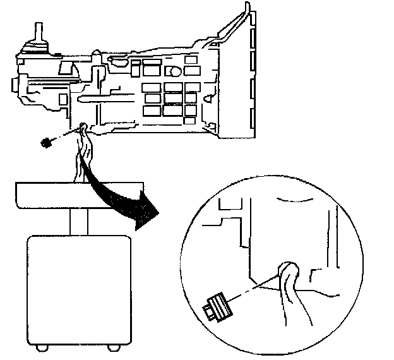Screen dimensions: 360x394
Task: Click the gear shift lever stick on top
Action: pyautogui.click(x=38, y=32)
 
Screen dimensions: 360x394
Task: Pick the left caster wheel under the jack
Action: pyautogui.click(x=41, y=347)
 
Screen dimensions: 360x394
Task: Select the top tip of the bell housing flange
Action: pyautogui.click(x=242, y=9)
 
